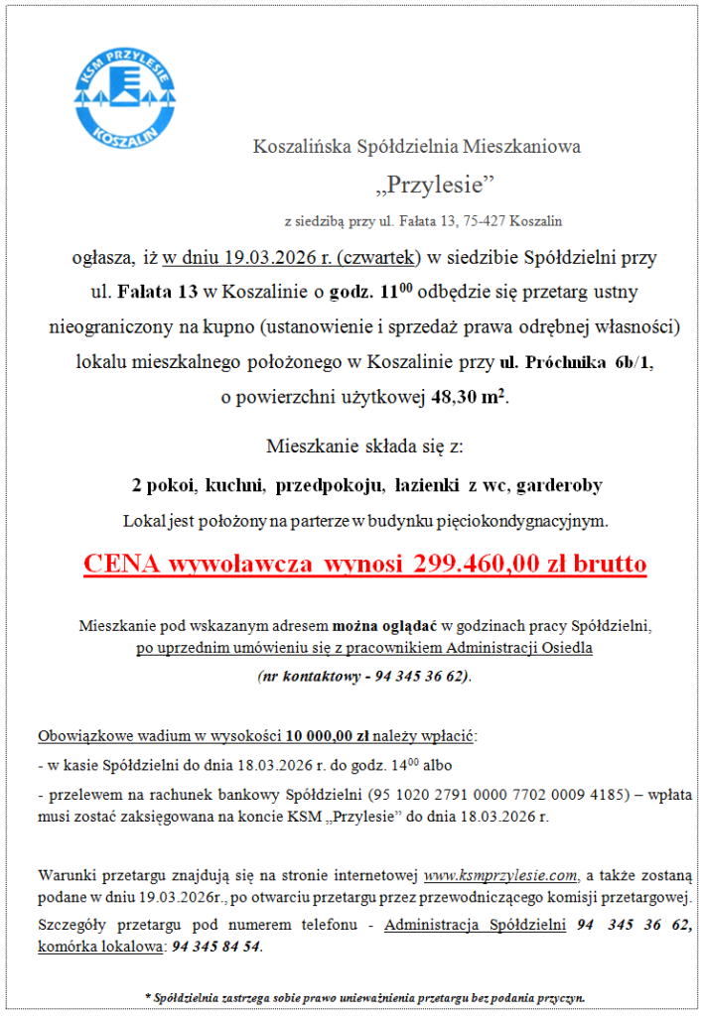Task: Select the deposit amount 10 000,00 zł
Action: coord(328,736)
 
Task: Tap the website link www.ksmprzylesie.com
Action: coord(500,875)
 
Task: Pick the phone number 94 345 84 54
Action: coord(216,947)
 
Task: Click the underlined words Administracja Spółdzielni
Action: coord(475,925)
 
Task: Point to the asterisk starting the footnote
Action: coord(148,995)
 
